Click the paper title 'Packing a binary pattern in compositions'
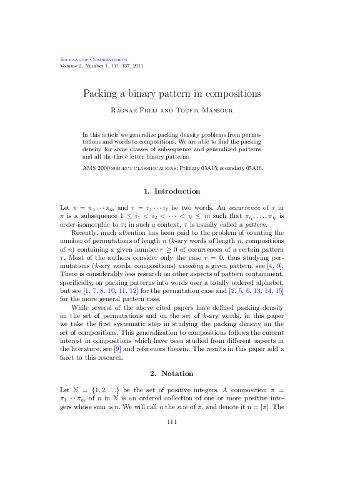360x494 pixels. (172, 94)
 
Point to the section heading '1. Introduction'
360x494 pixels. (172, 190)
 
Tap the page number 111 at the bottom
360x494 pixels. (172, 422)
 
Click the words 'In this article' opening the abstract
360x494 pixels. (99, 135)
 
